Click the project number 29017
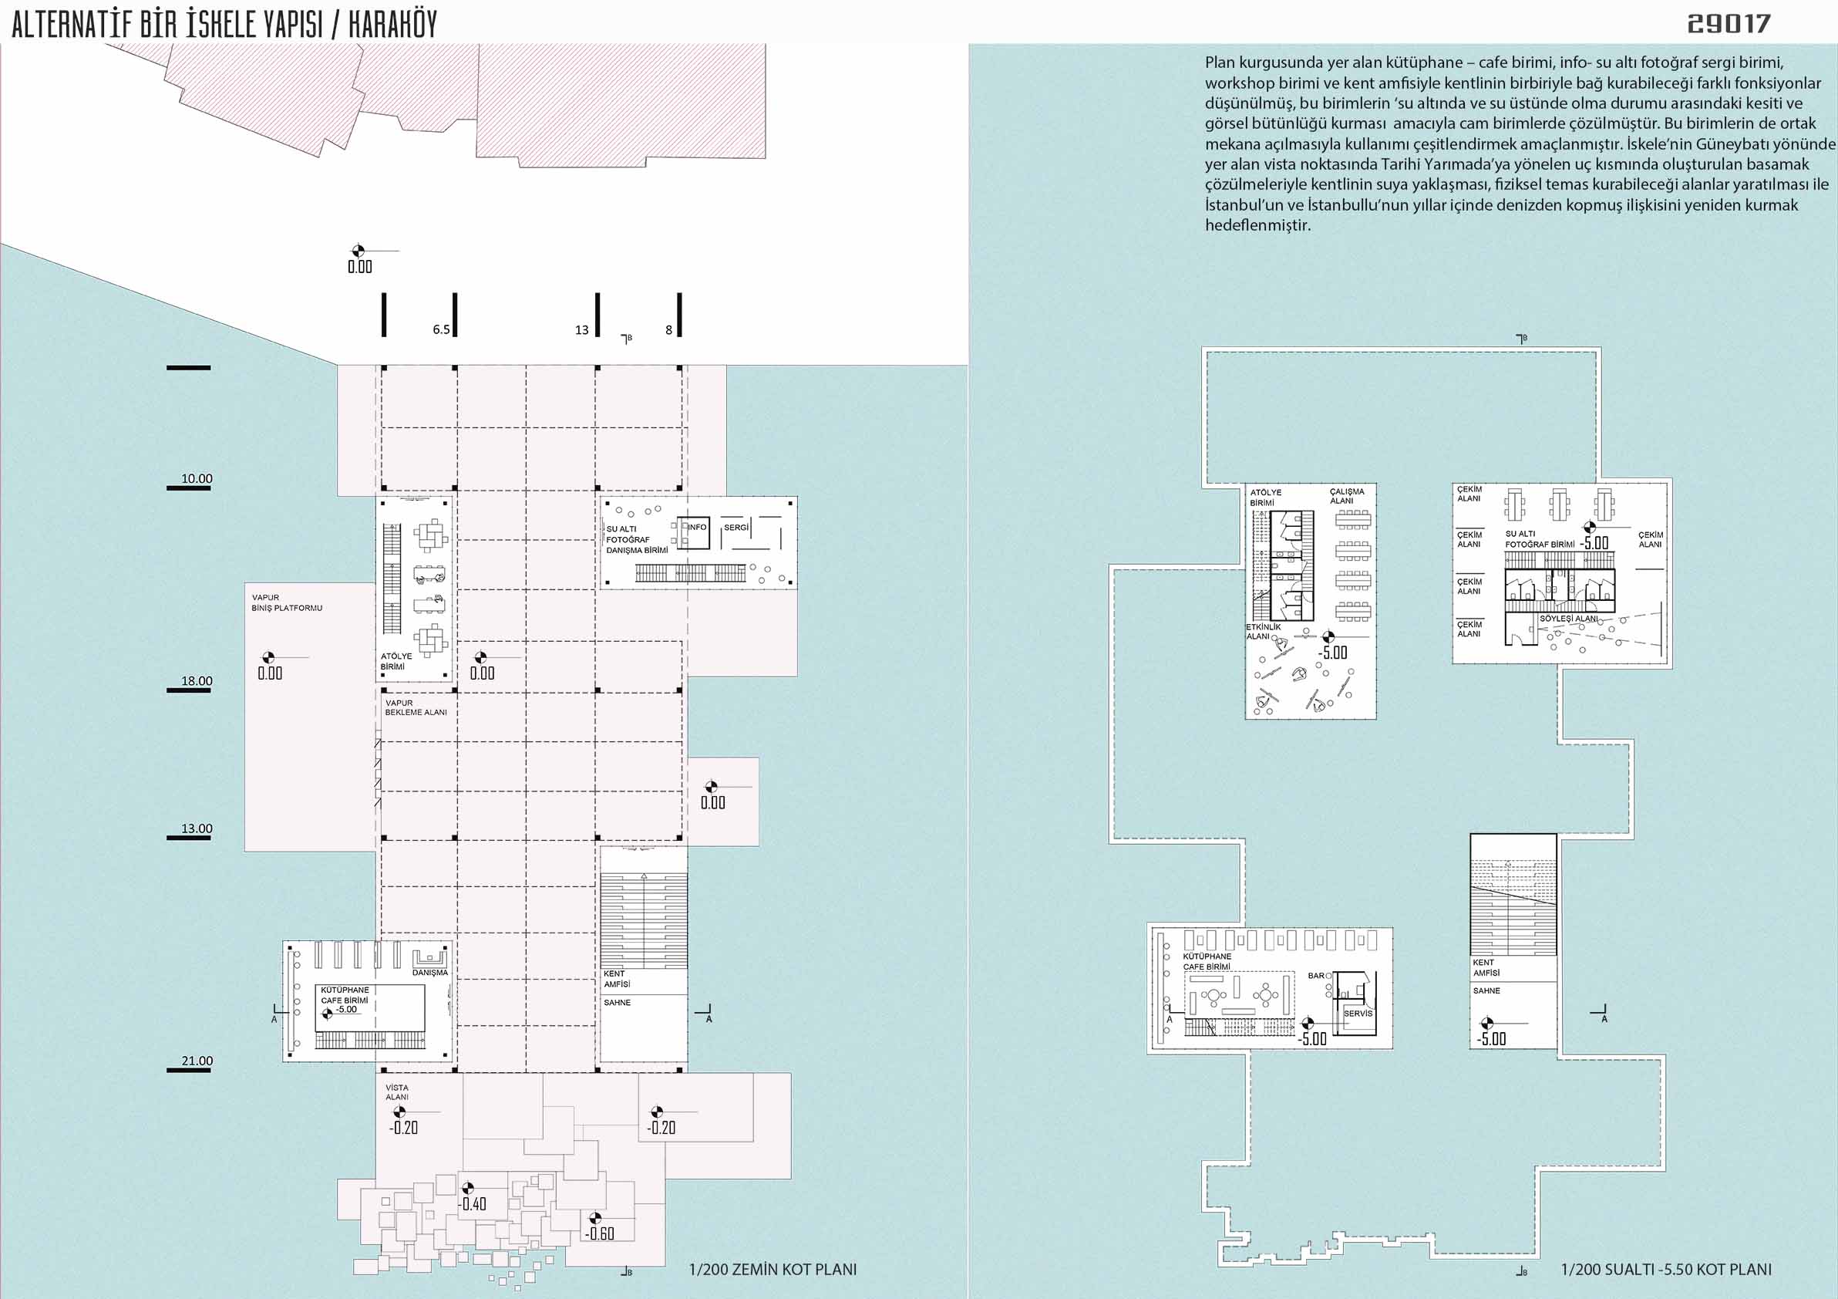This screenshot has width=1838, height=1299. click(x=1729, y=24)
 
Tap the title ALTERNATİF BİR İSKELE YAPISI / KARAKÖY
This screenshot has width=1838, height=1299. click(x=224, y=25)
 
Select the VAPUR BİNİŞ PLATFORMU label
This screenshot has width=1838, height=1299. click(x=287, y=602)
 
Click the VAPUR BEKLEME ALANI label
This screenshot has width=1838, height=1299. click(x=416, y=707)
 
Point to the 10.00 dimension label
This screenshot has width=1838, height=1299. click(x=197, y=479)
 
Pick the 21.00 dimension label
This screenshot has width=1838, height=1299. click(x=197, y=1061)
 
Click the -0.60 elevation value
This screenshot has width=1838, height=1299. click(x=600, y=1233)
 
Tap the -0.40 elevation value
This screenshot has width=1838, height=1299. click(x=473, y=1203)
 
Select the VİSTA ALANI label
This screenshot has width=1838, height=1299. click(x=397, y=1092)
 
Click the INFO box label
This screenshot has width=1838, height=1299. click(x=697, y=527)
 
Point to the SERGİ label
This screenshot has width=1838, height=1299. click(x=736, y=528)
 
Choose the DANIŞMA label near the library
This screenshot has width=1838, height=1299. click(x=430, y=972)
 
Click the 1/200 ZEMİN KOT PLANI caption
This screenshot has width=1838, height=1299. click(x=773, y=1270)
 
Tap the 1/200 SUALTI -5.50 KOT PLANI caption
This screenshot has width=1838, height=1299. click(x=1666, y=1270)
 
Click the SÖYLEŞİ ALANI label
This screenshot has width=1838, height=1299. click(x=1569, y=619)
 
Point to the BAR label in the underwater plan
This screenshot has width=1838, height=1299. click(x=1316, y=976)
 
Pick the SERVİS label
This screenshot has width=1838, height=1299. click(x=1358, y=1013)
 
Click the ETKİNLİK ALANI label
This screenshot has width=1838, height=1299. click(x=1263, y=632)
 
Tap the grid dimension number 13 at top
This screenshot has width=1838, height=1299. click(x=581, y=330)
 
